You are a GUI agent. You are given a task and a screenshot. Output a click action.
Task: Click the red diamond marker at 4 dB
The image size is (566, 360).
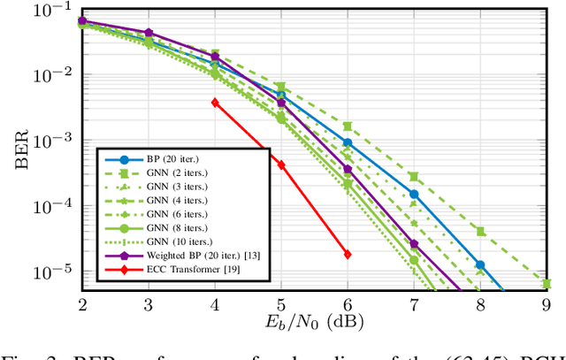point(215,103)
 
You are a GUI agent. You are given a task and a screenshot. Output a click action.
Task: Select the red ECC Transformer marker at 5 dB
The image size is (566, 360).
point(281,165)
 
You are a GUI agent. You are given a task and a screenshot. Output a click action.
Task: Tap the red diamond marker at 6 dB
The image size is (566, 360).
point(348,254)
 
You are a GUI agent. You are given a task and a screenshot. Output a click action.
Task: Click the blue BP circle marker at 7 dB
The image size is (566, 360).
point(414,194)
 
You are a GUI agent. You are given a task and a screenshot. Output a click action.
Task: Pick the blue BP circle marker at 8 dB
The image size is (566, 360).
point(480,264)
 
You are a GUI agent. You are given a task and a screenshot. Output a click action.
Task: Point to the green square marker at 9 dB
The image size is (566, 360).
point(547,284)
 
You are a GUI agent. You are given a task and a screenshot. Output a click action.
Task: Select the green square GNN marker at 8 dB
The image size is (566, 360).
point(480,231)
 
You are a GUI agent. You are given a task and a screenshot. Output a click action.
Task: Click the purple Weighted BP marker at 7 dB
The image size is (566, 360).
point(414,243)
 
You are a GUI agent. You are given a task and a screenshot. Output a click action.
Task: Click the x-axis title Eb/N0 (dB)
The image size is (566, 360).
point(314,322)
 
